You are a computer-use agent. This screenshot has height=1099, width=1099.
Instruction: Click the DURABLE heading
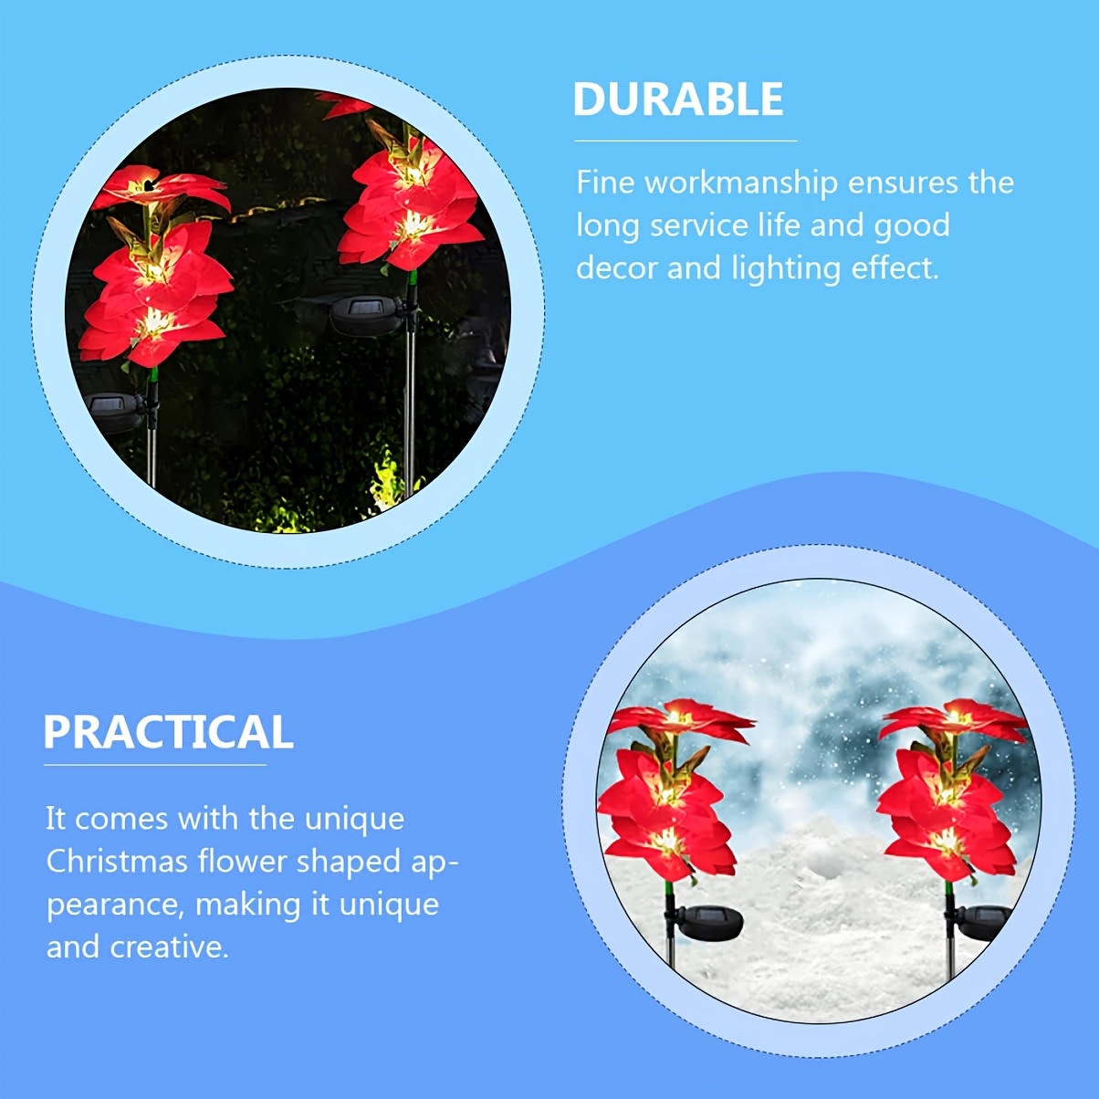point(678,99)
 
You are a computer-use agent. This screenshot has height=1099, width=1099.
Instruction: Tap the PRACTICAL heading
point(169,732)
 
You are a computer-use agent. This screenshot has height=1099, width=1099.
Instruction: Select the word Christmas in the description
point(117,861)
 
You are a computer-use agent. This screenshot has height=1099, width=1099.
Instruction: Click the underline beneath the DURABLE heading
point(686,141)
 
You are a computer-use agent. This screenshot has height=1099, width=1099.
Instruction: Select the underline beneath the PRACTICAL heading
point(155,765)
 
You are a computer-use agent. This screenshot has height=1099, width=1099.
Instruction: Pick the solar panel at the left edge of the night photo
point(113,413)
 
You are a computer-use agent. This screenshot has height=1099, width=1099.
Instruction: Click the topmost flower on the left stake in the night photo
point(160,188)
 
